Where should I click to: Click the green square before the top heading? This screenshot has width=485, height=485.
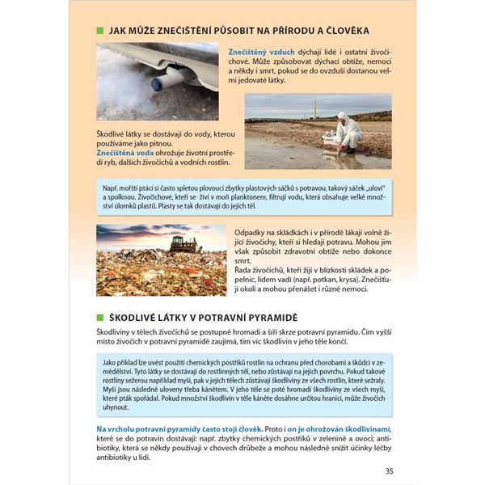(x=100, y=31)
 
